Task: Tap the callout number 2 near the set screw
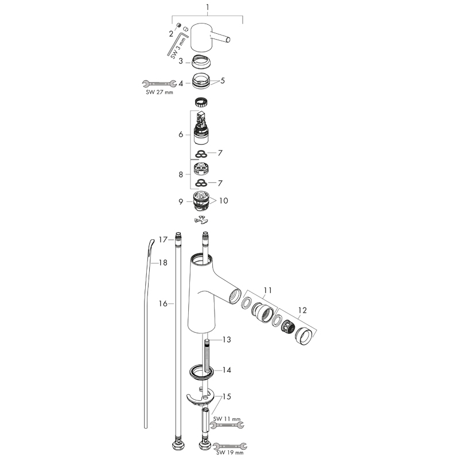click(x=170, y=34)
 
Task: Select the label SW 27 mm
click(x=157, y=92)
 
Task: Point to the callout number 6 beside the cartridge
click(x=181, y=134)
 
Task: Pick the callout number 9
click(x=181, y=201)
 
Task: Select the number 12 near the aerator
click(x=302, y=310)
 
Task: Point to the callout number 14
click(x=227, y=370)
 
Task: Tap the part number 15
click(x=227, y=396)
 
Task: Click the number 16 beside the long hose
click(x=164, y=304)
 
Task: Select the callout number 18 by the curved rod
click(x=163, y=262)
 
